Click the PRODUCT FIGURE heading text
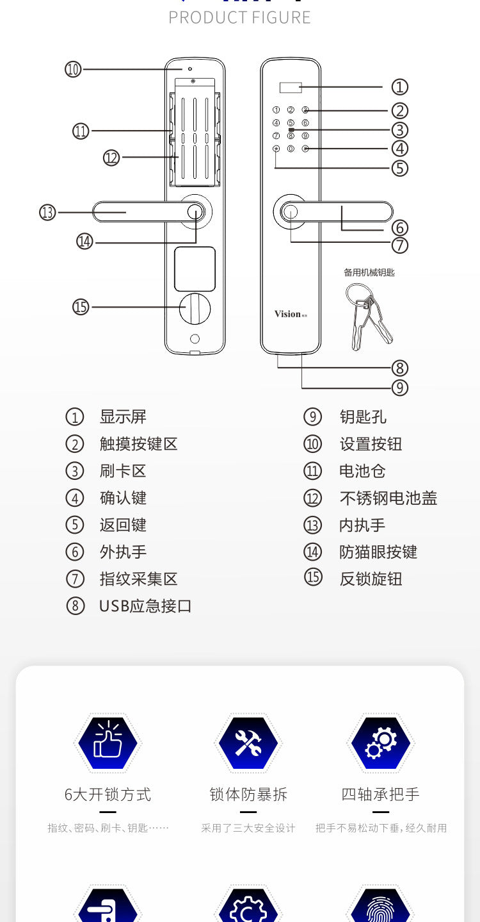[239, 17]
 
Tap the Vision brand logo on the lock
[287, 313]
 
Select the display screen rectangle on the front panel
[291, 87]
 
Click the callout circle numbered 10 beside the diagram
[74, 69]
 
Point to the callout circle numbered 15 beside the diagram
[81, 307]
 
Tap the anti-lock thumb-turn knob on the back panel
[195, 309]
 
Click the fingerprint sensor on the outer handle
[291, 213]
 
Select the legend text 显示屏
[123, 417]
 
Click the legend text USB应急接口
[145, 606]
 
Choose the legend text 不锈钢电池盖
[388, 498]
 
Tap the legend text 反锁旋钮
[371, 579]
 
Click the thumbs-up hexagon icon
[108, 743]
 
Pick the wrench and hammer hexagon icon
[248, 743]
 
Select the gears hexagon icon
[381, 743]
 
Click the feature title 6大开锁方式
[108, 794]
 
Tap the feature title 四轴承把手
[380, 794]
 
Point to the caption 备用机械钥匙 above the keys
[369, 272]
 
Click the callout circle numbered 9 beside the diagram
[399, 387]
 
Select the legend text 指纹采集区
[138, 579]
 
